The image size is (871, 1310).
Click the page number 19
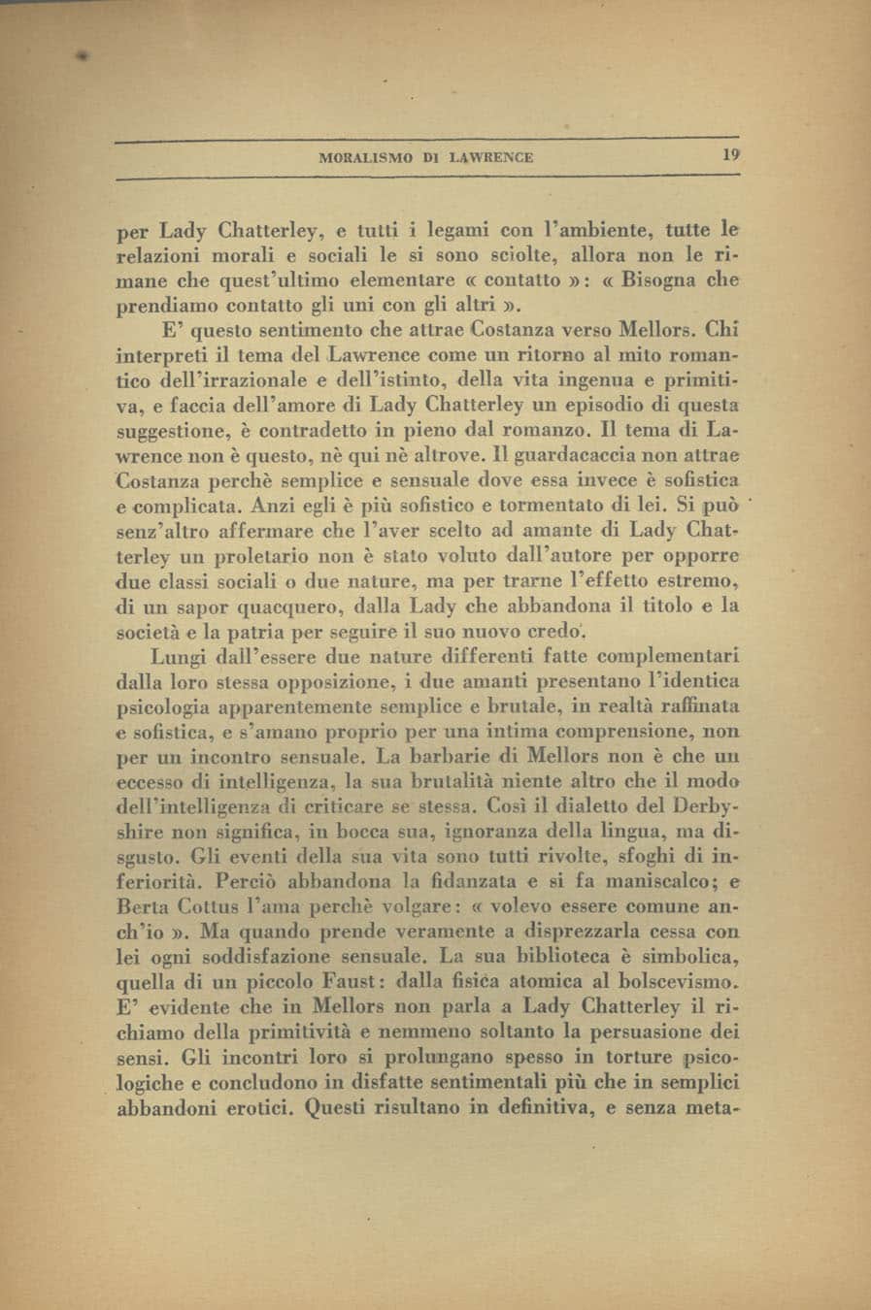(730, 154)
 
